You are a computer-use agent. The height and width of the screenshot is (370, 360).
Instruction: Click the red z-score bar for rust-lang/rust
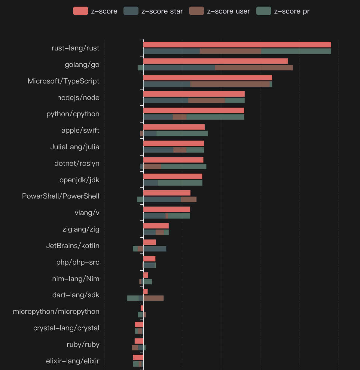237,45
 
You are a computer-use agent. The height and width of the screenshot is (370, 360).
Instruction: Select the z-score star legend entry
153,11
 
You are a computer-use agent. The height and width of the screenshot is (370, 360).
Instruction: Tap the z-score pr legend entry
283,11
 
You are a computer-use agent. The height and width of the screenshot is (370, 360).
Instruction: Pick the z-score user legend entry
219,11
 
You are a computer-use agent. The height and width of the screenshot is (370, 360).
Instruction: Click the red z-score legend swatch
81,11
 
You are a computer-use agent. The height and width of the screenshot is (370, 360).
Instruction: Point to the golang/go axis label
82,65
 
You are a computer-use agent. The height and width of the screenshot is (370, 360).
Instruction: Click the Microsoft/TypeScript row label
63,81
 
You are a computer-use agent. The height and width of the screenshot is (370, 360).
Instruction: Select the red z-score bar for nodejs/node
194,94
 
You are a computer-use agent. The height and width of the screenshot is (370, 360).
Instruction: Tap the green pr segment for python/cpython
215,117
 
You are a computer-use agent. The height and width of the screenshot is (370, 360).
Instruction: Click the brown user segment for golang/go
254,68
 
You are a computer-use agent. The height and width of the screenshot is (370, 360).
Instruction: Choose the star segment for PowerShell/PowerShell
162,199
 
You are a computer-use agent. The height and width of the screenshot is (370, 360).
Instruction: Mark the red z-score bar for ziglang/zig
156,226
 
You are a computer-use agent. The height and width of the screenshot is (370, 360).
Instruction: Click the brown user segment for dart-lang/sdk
154,298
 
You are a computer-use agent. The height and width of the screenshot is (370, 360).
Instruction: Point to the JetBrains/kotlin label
73,246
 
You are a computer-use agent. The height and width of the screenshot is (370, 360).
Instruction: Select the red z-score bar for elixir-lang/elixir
138,357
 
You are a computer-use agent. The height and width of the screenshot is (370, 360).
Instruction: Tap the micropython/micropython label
56,311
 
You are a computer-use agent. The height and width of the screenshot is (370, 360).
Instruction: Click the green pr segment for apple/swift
182,133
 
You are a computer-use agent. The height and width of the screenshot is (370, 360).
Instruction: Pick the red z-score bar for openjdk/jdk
173,176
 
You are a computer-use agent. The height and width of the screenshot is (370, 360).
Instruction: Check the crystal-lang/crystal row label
66,328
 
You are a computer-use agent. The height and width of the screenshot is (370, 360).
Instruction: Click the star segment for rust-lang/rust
172,51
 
